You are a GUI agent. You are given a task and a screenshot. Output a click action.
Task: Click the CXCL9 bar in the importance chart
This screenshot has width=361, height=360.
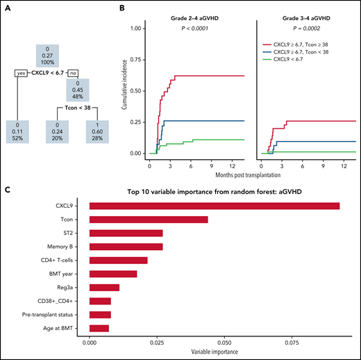[215, 206]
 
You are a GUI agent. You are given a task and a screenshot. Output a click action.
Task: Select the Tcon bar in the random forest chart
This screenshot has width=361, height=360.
[149, 220]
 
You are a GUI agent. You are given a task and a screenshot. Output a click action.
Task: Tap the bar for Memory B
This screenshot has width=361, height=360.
[126, 246]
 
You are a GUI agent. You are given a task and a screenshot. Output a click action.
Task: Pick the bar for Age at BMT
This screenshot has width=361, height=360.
[99, 327]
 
